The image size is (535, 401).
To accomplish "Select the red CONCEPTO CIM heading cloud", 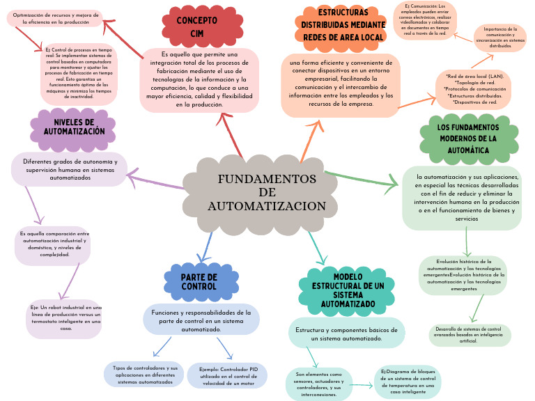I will [x=196, y=26].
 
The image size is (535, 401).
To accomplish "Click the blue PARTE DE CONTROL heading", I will [x=189, y=281].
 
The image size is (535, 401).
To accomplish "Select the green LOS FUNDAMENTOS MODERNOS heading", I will [x=467, y=139].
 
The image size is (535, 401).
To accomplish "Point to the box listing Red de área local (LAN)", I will [x=475, y=88].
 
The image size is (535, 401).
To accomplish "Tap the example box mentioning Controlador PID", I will [x=227, y=375].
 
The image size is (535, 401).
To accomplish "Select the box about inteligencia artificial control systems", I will [x=467, y=335].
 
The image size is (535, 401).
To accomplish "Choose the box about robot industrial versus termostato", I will [x=65, y=318].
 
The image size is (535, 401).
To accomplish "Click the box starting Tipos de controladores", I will [x=145, y=375].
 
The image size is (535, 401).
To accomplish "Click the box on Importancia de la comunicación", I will [x=499, y=38].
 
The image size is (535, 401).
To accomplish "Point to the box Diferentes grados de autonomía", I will [x=69, y=170].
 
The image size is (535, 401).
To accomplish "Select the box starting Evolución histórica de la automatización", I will [x=463, y=275].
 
